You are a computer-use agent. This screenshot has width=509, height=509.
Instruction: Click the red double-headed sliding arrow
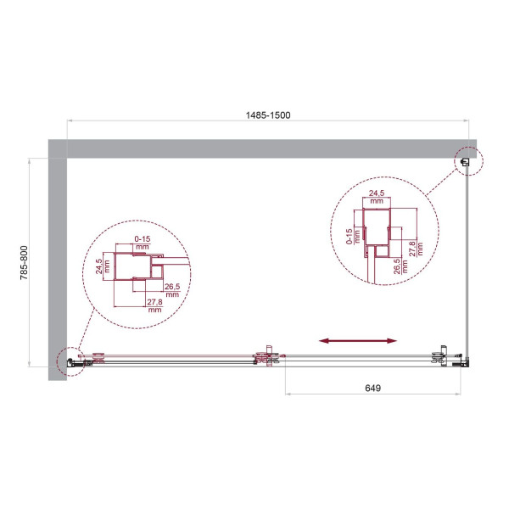pyautogui.click(x=358, y=340)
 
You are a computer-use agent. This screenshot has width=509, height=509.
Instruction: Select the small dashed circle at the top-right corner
pyautogui.click(x=467, y=159)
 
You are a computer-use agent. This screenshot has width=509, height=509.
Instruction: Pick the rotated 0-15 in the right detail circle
pyautogui.click(x=350, y=235)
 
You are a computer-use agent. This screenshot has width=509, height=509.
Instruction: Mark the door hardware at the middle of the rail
pyautogui.click(x=268, y=358)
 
